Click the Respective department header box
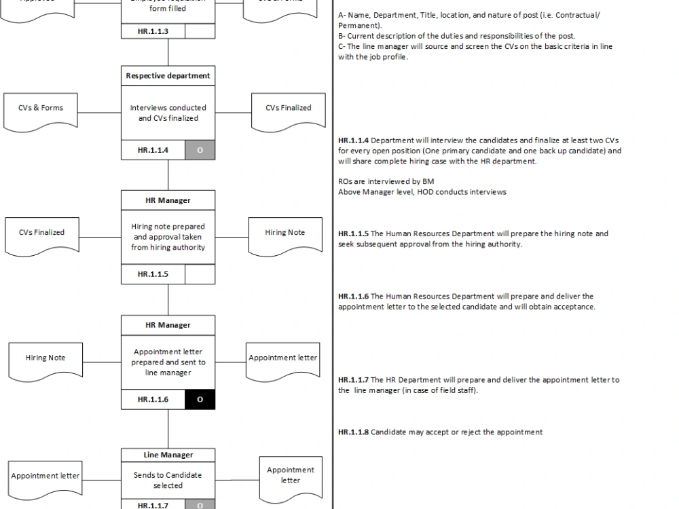point(168,76)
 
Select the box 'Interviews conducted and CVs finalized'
point(168,113)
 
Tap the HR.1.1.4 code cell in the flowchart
point(153,150)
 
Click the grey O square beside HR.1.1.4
point(200,150)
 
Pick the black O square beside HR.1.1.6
point(200,400)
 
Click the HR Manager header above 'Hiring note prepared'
point(168,200)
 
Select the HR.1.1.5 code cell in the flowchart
point(153,274)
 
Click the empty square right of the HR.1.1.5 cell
point(200,274)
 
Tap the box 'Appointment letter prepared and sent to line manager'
point(168,362)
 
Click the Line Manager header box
point(168,455)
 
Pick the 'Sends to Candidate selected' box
point(168,480)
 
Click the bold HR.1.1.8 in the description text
point(353,432)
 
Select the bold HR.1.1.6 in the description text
point(353,297)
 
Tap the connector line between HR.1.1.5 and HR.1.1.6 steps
point(168,299)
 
